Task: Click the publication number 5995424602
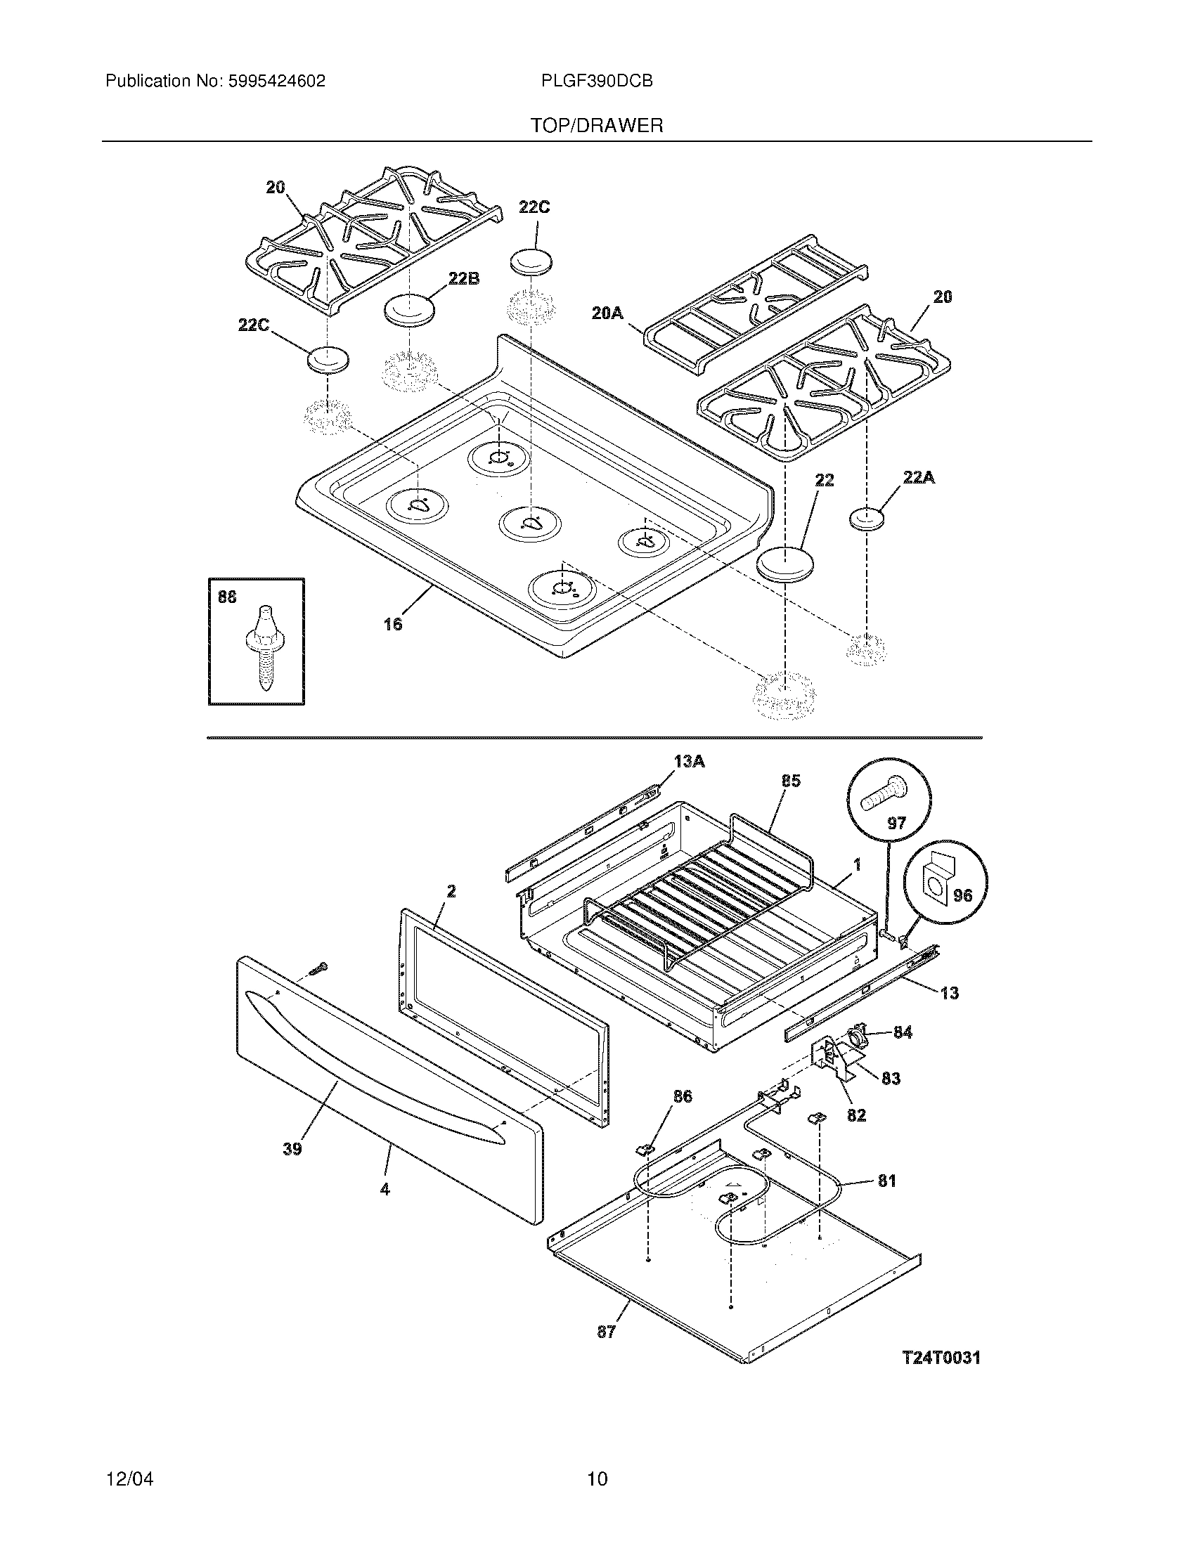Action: pos(276,82)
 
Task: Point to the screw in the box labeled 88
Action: pos(263,647)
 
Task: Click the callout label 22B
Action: pos(463,279)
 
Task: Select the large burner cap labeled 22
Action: pos(784,564)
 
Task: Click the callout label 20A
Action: pos(607,312)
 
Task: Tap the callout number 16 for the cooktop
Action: pos(393,623)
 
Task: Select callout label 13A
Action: pos(689,762)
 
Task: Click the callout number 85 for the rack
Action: pos(791,781)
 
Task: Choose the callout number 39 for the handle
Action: pos(292,1149)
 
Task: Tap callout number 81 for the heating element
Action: pos(886,1181)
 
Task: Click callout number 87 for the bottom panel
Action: pos(607,1332)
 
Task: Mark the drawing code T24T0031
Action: pos(941,1358)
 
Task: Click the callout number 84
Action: pos(902,1033)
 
